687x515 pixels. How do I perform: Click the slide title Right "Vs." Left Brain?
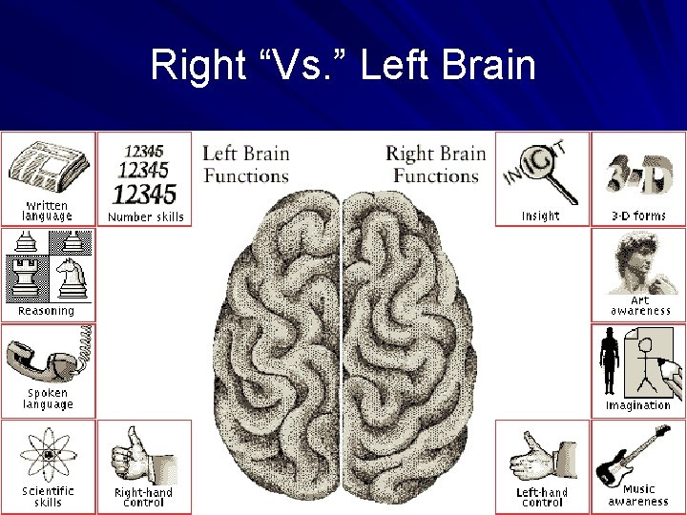coord(343,67)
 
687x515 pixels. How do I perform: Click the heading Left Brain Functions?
coord(245,164)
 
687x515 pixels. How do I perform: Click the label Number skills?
coord(146,216)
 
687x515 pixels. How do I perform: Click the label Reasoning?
coord(46,311)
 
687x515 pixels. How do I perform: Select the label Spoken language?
coord(48,399)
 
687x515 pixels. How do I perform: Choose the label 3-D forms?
coord(638,216)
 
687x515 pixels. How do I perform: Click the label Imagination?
coord(638,405)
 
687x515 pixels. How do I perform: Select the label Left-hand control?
coord(542,497)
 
